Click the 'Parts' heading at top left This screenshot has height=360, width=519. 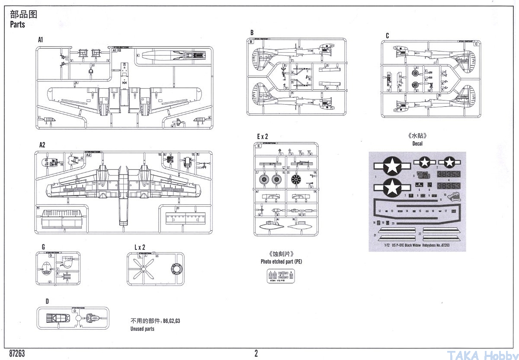(x=18, y=25)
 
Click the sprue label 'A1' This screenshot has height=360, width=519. (x=41, y=39)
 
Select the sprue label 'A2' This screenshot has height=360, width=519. (x=42, y=145)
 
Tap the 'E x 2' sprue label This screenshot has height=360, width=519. (x=263, y=136)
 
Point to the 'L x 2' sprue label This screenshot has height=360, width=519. (x=140, y=247)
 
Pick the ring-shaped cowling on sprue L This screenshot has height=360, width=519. (x=177, y=270)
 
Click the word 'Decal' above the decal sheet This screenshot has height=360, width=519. (x=417, y=143)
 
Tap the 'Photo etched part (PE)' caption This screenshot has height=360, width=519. (x=281, y=261)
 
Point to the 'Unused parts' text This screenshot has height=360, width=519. (x=142, y=329)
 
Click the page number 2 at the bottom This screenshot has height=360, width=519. (x=256, y=354)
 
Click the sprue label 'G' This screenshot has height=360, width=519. (x=43, y=247)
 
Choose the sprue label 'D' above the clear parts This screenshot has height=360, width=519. (x=47, y=301)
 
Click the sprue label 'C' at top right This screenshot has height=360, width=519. (x=388, y=35)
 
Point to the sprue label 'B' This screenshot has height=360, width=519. (x=252, y=33)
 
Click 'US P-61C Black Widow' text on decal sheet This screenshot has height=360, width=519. (x=405, y=245)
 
